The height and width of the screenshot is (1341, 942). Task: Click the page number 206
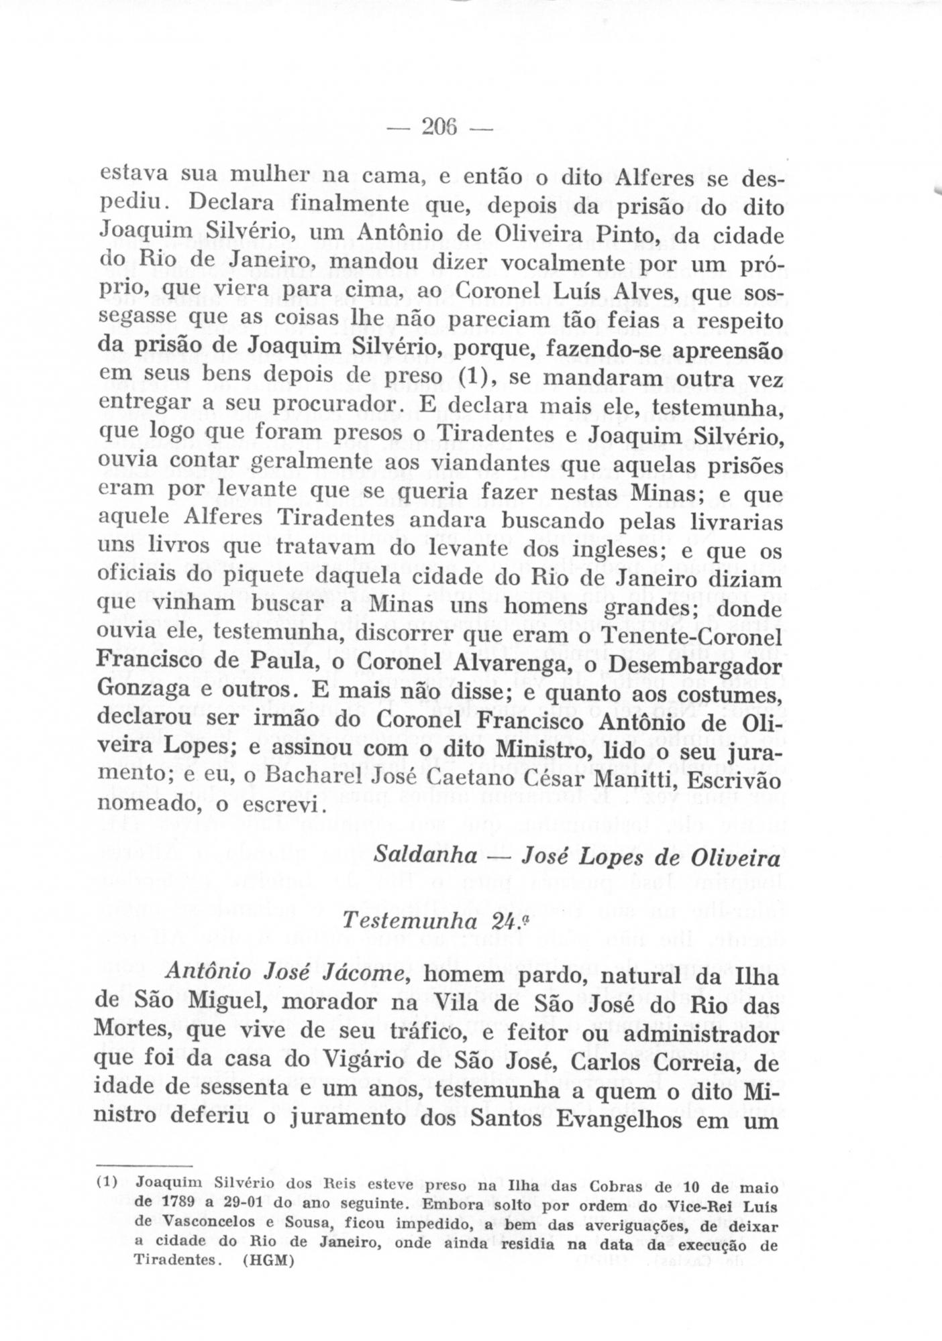(439, 126)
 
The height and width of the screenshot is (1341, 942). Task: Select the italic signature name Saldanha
(425, 856)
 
